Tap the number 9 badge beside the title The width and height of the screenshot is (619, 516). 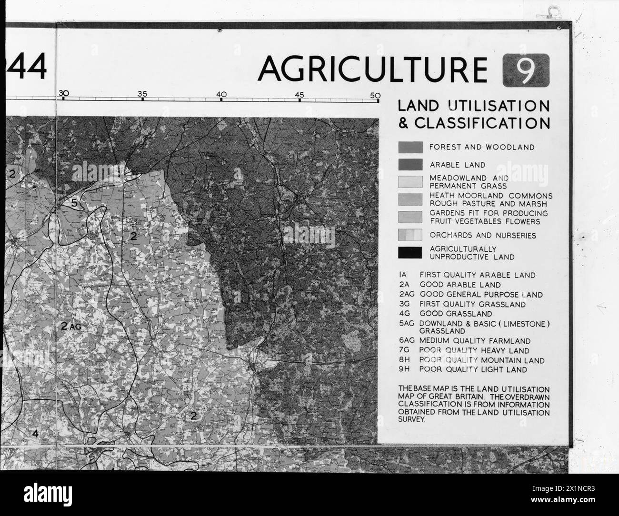[x=525, y=70]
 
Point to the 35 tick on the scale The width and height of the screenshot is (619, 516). [x=142, y=94]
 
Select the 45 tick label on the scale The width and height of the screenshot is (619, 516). [x=299, y=94]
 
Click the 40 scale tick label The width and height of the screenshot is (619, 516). [x=220, y=94]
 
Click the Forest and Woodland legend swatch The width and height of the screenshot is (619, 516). [x=410, y=148]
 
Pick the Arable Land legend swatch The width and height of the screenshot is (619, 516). [x=410, y=165]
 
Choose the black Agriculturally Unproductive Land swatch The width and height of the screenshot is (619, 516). [x=410, y=253]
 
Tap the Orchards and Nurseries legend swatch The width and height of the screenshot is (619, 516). [x=410, y=235]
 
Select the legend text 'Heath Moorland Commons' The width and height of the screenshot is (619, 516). [x=490, y=196]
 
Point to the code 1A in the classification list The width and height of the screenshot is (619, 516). [x=404, y=275]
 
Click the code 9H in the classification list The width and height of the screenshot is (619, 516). [x=404, y=369]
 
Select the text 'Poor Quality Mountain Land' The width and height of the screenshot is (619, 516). [x=482, y=360]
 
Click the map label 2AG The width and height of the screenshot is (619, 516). [x=72, y=326]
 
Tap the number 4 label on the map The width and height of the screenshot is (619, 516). [x=35, y=433]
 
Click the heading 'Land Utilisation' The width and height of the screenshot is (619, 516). [x=473, y=106]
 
